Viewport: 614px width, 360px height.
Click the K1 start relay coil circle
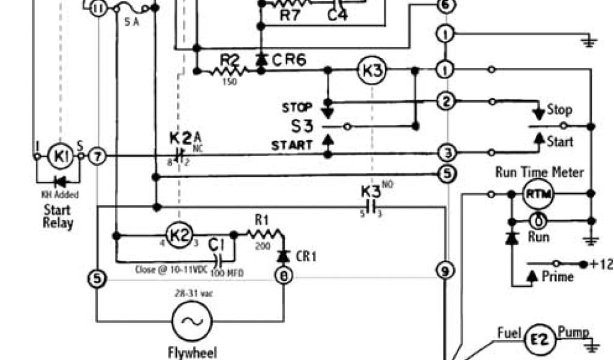click(x=59, y=157)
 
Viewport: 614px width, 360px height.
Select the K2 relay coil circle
click(x=177, y=235)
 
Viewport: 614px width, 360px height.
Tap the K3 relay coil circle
click(x=372, y=71)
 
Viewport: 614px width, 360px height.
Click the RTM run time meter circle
click(x=538, y=194)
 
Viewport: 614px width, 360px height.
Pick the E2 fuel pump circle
click(x=538, y=340)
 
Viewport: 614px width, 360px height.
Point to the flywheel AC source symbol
click(x=191, y=321)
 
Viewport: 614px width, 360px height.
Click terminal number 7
click(x=98, y=157)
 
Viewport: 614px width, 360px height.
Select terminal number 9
click(x=444, y=271)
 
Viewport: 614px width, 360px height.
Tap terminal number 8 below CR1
click(x=282, y=275)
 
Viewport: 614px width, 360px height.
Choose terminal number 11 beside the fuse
click(x=98, y=8)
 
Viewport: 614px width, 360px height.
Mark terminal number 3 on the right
click(x=446, y=152)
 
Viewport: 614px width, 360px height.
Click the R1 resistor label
click(x=261, y=220)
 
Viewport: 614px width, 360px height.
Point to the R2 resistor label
click(x=230, y=59)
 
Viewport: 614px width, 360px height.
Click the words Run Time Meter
click(x=539, y=173)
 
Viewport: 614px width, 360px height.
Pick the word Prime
click(x=558, y=277)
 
